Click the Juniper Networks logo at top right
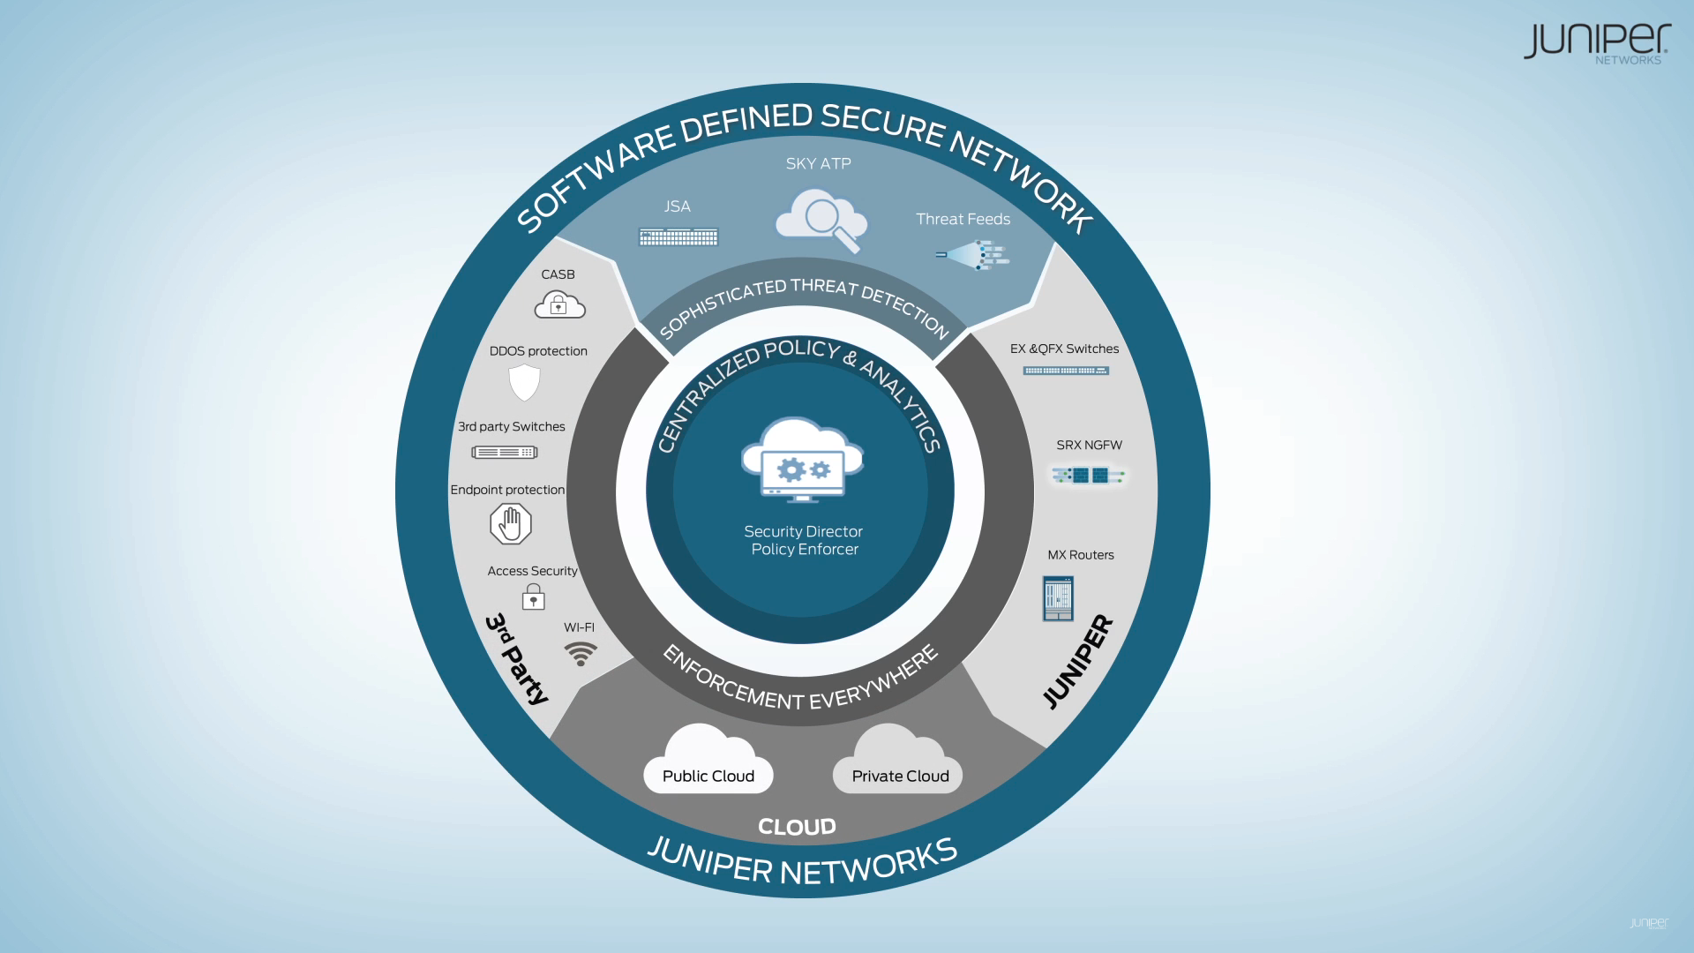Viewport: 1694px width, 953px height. coord(1596,43)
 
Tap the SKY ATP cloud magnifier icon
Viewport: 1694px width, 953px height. coord(821,221)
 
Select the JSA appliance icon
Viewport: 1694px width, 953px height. coord(678,236)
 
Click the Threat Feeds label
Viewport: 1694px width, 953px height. coord(963,219)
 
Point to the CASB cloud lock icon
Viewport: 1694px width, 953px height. coord(559,305)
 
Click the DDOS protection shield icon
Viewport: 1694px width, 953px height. coord(524,382)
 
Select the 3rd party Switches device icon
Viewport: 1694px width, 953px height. coord(505,453)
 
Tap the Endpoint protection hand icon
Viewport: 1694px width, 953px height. coord(511,524)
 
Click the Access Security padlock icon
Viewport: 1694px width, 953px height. coord(533,597)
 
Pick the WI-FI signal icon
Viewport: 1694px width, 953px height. coord(581,654)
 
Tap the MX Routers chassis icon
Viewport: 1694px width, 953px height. coord(1058,598)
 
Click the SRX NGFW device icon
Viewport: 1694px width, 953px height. coord(1089,476)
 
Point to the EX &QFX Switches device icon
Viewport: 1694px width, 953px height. coord(1066,371)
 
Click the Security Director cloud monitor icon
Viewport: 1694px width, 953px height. coord(802,461)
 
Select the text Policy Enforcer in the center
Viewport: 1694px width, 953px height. coord(804,550)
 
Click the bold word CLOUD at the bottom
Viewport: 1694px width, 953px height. coord(797,827)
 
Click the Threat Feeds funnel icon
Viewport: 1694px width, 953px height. coord(974,255)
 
